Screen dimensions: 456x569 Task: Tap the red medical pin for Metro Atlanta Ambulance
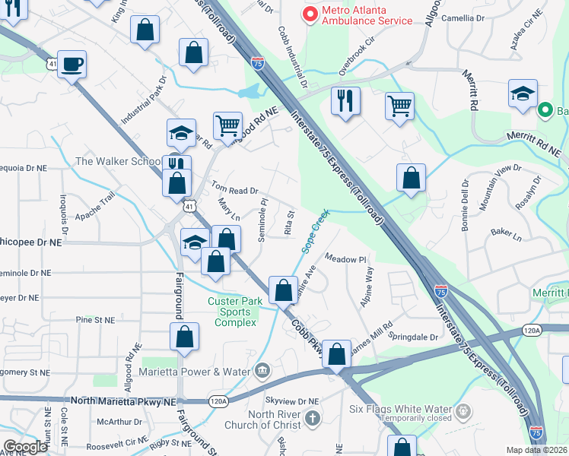[x=310, y=14]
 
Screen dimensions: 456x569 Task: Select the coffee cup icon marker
[x=72, y=65]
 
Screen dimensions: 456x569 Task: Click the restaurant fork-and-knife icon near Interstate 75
[x=345, y=100]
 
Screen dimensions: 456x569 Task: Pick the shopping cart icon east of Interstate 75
[x=399, y=106]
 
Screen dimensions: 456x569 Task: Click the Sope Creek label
[x=315, y=230]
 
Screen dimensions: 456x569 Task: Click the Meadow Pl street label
[x=346, y=259]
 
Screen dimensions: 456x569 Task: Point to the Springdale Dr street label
[x=414, y=336]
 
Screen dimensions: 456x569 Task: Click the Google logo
[x=25, y=448]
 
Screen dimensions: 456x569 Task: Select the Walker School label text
[x=118, y=161]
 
